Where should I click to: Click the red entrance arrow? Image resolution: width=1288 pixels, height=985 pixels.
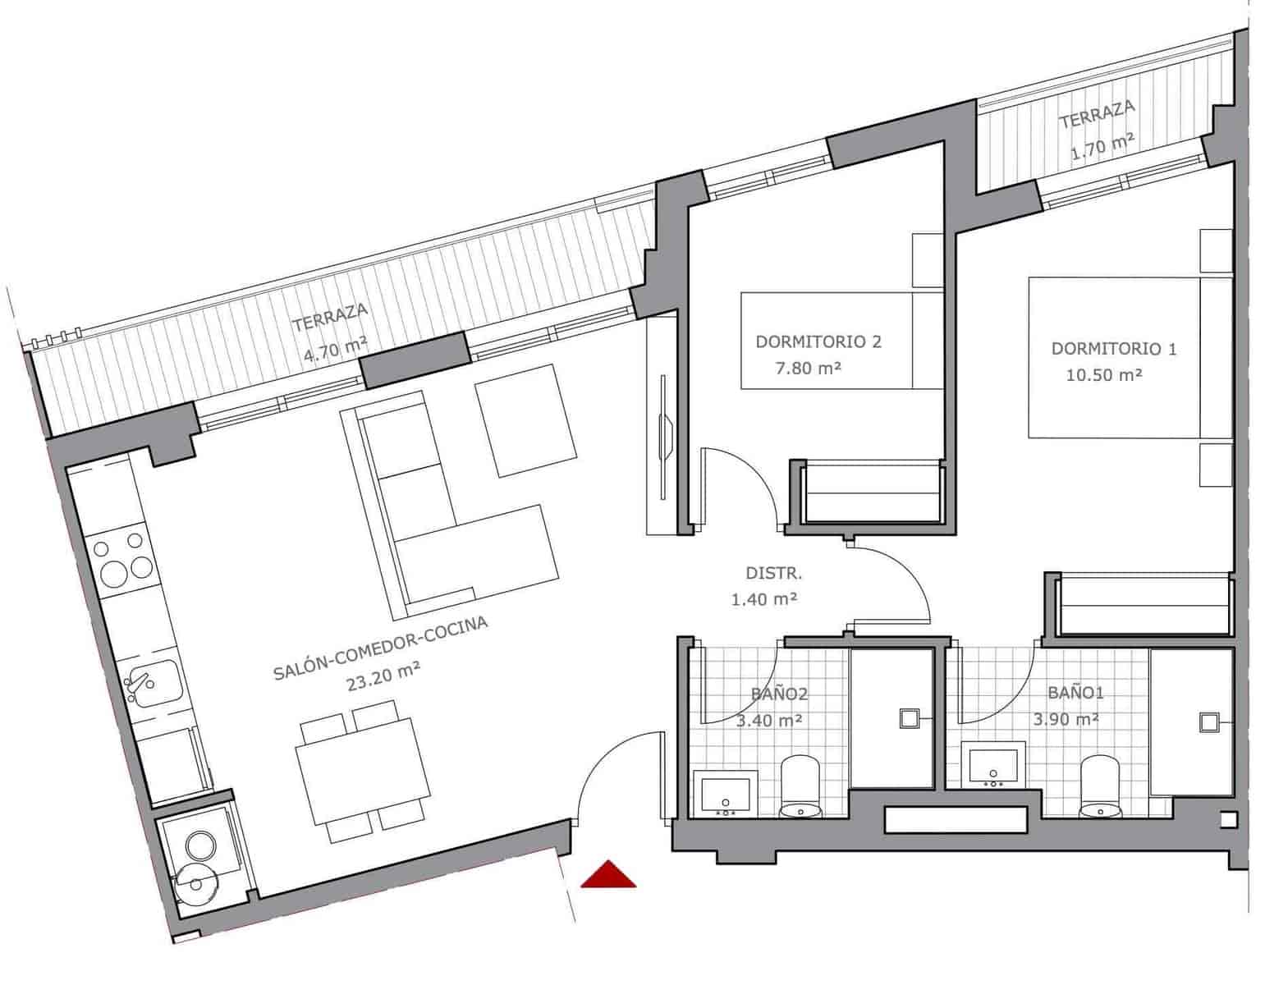tap(608, 875)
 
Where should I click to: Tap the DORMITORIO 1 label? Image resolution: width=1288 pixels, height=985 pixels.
tap(1113, 349)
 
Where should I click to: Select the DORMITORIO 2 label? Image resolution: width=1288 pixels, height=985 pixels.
tap(818, 341)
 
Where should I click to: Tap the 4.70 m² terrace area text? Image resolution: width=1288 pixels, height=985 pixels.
tap(335, 350)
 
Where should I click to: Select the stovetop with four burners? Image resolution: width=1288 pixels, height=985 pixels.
tap(121, 557)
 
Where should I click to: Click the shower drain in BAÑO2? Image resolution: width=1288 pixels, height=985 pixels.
tap(910, 719)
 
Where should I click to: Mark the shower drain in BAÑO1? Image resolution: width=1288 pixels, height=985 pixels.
tap(1209, 722)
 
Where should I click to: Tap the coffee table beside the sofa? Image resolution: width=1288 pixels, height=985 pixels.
tap(526, 420)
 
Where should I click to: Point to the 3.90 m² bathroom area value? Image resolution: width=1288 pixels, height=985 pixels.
tap(1066, 719)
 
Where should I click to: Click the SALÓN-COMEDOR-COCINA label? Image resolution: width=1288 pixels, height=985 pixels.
tap(380, 648)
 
